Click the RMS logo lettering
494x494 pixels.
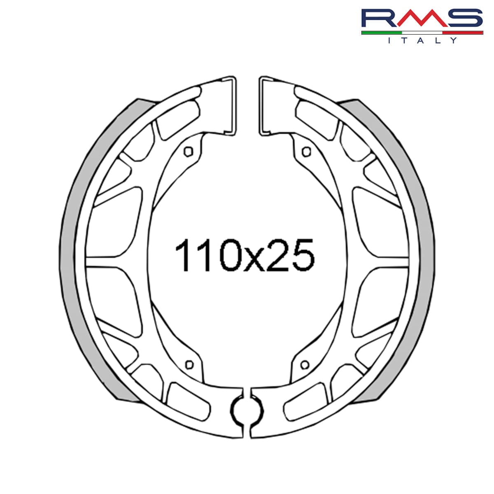(422, 19)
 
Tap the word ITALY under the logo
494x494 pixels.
(422, 40)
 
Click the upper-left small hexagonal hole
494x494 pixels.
(189, 151)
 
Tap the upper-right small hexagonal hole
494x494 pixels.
(305, 151)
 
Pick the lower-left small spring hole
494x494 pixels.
(189, 364)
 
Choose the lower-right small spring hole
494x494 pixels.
(305, 364)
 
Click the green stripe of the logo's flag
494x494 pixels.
(381, 32)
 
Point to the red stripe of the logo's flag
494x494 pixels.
(463, 32)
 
